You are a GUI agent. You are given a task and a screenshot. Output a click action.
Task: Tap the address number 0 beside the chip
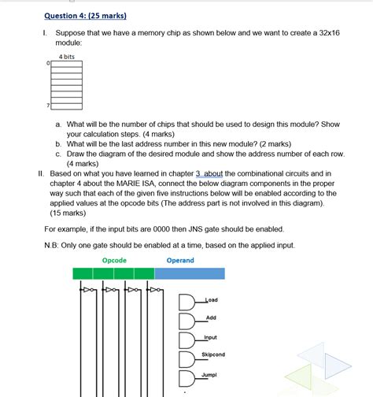48,64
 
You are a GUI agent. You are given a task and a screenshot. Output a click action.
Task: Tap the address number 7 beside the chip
48,105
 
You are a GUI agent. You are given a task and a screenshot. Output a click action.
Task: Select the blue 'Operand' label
180,260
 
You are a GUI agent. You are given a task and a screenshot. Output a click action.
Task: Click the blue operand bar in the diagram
190,273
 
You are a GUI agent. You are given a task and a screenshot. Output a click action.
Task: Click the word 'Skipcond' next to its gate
212,354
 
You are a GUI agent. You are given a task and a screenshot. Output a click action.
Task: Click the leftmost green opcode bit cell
83,273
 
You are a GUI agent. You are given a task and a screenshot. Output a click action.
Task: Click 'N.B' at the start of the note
51,245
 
